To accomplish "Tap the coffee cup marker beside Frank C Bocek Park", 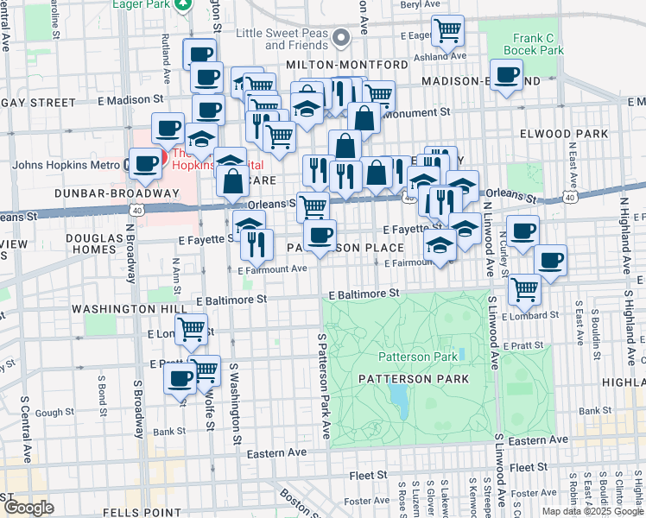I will [x=507, y=75].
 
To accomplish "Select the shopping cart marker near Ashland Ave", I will [x=447, y=31].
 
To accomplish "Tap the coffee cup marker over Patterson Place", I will [x=320, y=234].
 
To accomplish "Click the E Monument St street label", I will [x=420, y=112].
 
